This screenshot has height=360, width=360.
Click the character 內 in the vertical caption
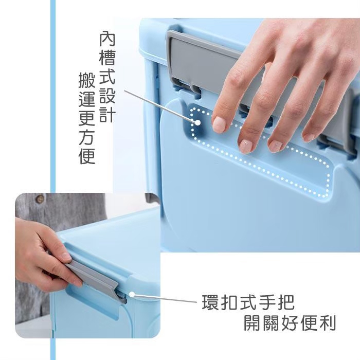point(107,39)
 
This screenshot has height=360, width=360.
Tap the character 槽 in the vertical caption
point(107,58)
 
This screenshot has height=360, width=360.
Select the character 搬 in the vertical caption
point(87,80)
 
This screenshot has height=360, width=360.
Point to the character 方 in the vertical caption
point(87,137)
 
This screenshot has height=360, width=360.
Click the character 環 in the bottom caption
point(210,302)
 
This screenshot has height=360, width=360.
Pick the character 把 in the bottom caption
point(286,302)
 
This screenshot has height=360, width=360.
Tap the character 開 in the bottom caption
point(252,323)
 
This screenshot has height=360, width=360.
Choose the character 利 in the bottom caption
point(328,323)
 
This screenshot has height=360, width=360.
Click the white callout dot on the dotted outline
point(197,122)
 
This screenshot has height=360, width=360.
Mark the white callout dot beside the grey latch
point(132,294)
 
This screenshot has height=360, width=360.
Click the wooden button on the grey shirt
point(40,199)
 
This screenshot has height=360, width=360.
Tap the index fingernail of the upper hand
point(219,124)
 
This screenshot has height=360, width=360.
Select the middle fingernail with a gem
point(245,146)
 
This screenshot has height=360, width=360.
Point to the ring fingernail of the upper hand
point(275,146)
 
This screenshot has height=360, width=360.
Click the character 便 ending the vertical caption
point(87,156)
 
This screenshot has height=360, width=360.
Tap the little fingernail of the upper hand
point(309,137)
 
